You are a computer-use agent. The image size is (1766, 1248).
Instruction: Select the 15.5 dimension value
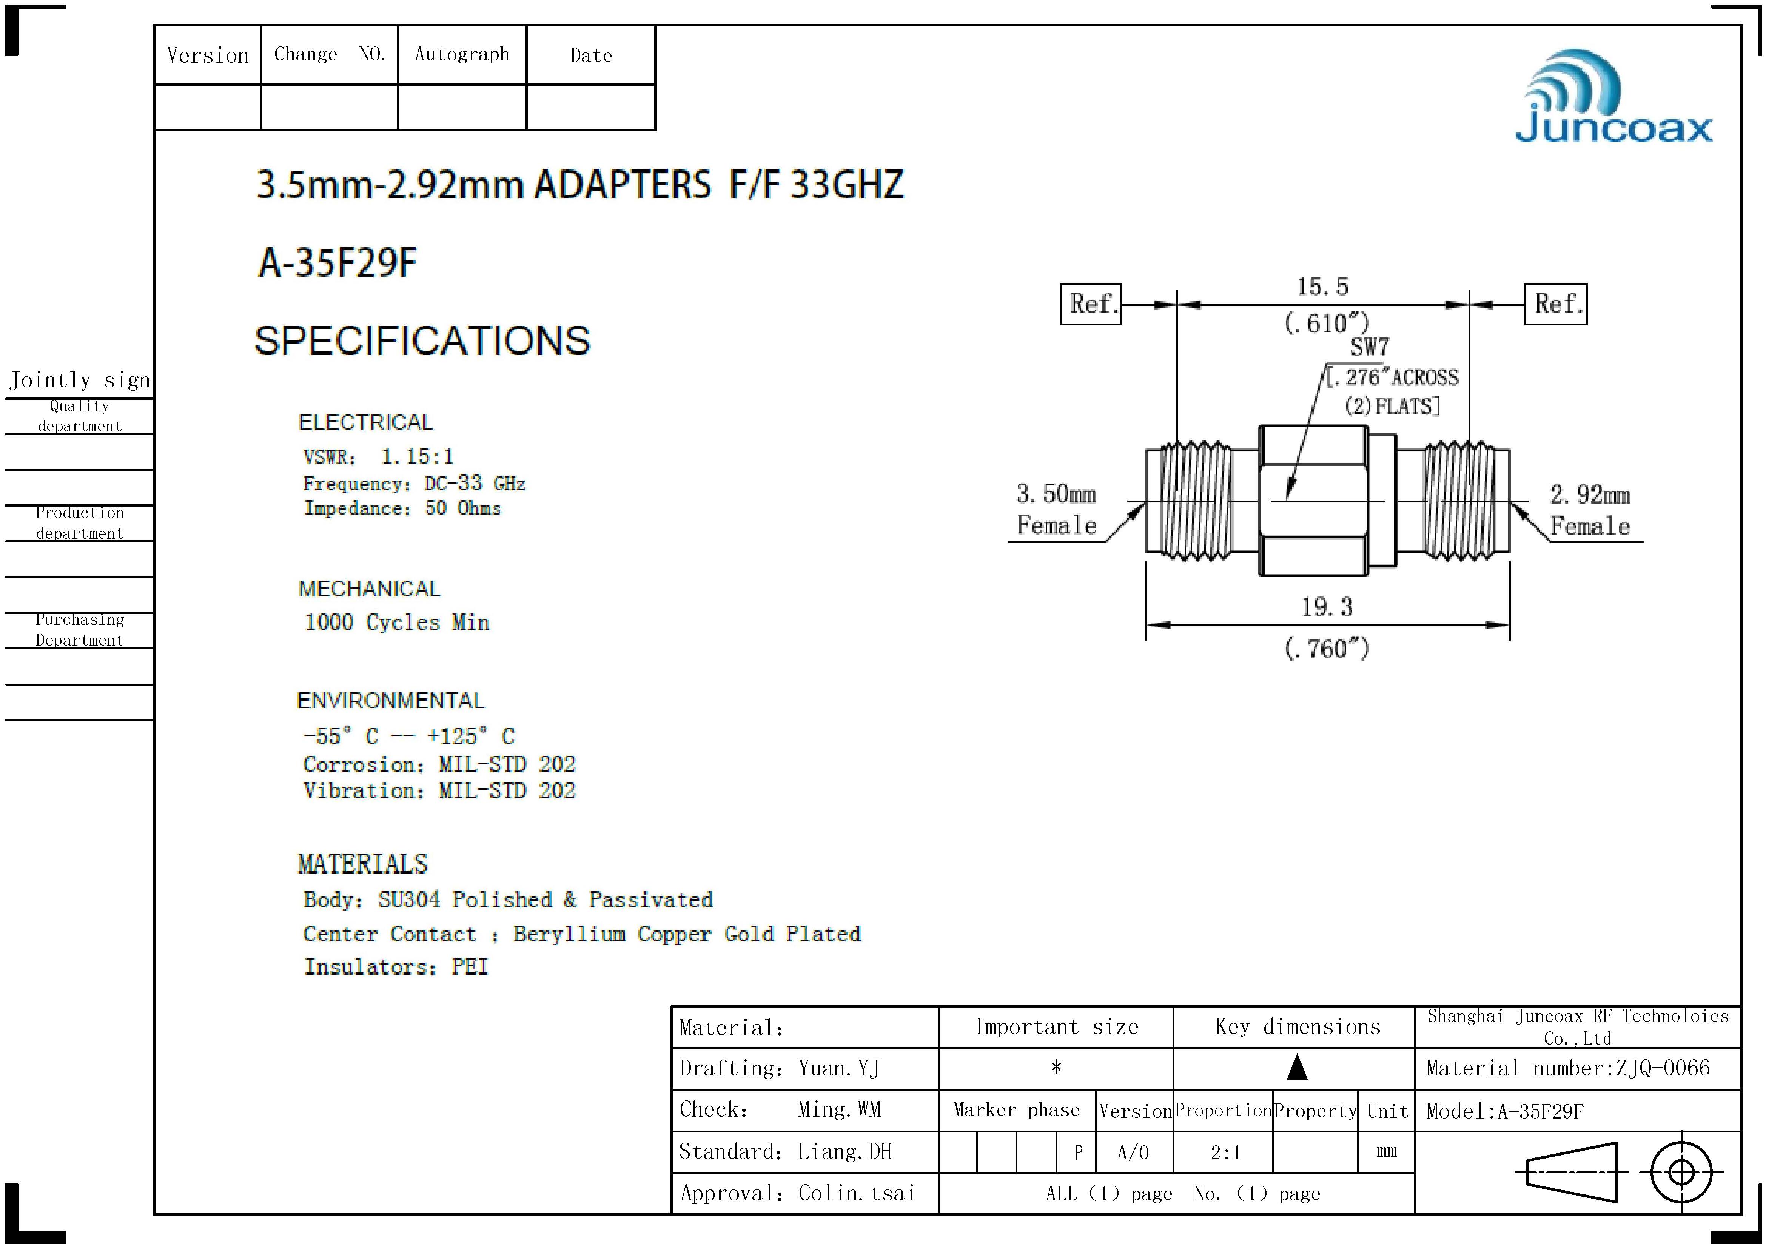point(1322,287)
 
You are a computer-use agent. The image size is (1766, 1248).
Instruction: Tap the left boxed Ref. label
point(1091,304)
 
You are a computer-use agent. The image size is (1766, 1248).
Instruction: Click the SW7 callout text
point(1369,348)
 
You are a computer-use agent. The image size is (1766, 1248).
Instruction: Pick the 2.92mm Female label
point(1589,510)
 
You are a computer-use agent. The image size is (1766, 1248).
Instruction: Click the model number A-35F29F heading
point(337,263)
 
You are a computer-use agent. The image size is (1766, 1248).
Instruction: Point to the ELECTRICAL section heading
point(365,422)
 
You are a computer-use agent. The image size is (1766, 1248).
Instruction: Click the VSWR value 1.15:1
point(417,457)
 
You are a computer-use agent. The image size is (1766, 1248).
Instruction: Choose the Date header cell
point(591,55)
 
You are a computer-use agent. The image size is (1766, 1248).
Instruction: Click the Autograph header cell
point(461,54)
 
